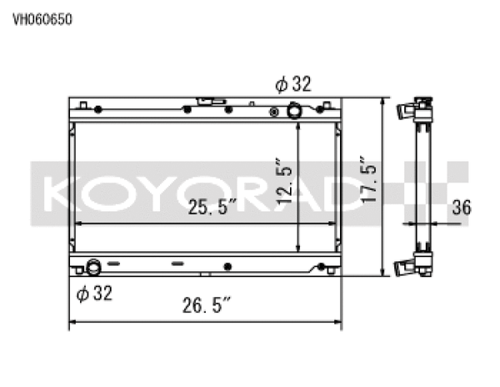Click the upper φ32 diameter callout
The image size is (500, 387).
[294, 83]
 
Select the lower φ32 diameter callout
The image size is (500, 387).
[92, 293]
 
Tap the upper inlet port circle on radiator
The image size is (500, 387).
[294, 110]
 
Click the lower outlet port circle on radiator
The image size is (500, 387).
[93, 269]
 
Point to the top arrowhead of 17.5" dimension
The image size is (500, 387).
[382, 101]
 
